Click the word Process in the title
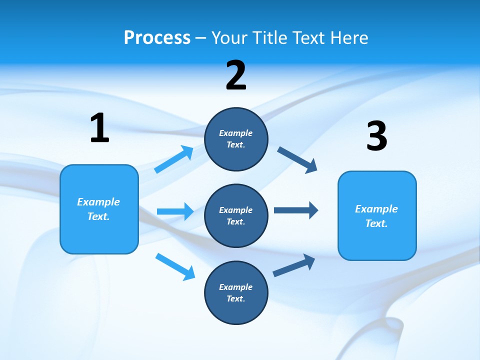[x=157, y=38]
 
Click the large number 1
[x=99, y=128]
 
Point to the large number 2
[x=236, y=75]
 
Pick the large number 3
[x=376, y=136]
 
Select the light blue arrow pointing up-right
[x=174, y=159]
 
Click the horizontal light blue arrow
[x=175, y=211]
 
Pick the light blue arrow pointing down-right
[x=175, y=266]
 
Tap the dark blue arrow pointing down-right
[x=297, y=160]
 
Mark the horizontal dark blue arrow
[x=296, y=210]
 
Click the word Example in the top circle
[x=236, y=133]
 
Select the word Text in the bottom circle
[x=235, y=298]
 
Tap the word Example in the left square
[x=98, y=202]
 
